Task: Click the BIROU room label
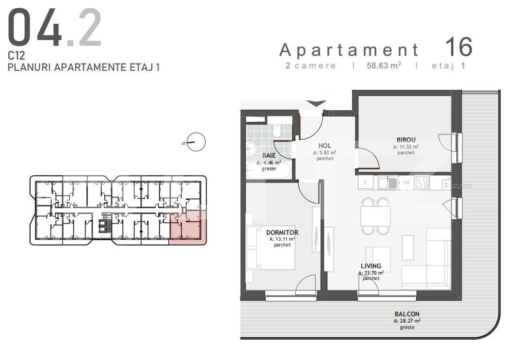tap(406, 140)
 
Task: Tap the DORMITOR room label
tap(282, 232)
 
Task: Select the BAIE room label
tap(269, 155)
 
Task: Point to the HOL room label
tap(325, 146)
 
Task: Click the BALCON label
tap(407, 314)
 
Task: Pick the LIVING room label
tap(371, 266)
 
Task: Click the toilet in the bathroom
tap(277, 131)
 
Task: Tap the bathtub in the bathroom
tap(269, 170)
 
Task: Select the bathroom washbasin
tap(252, 149)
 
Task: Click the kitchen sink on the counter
tap(388, 182)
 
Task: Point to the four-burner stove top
tap(421, 182)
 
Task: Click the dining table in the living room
tap(375, 216)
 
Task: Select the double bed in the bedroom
tap(271, 247)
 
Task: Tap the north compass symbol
tap(196, 142)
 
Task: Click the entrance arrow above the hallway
tap(316, 103)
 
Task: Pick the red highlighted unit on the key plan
tap(188, 227)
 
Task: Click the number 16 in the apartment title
tap(459, 47)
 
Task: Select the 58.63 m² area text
tap(384, 65)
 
